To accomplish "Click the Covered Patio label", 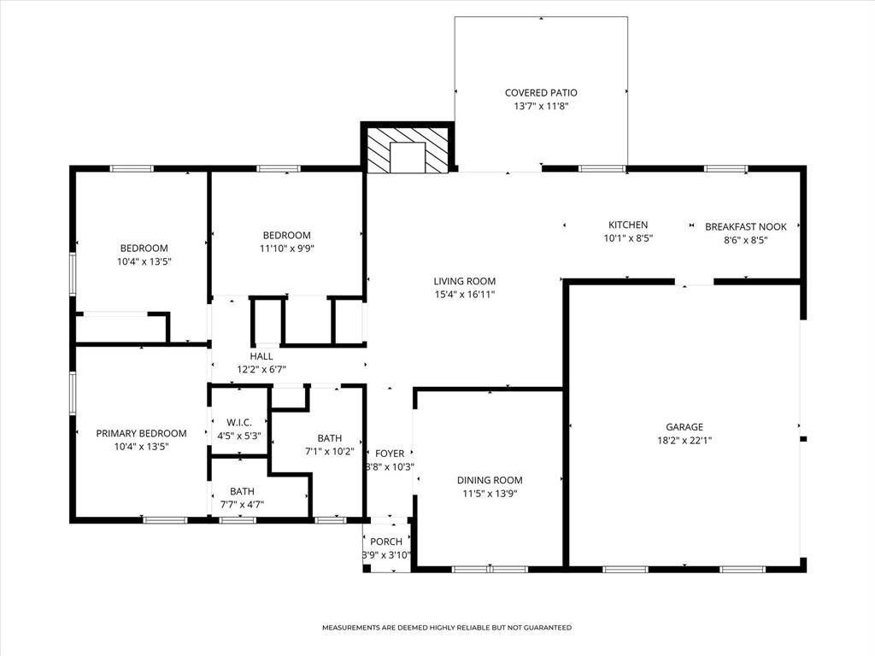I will tap(540, 92).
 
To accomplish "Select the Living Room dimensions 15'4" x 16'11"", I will tap(464, 295).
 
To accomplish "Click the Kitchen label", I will tap(628, 225).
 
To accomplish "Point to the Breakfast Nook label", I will tap(745, 226).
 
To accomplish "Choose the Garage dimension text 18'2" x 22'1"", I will tap(684, 441).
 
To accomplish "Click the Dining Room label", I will tap(490, 480).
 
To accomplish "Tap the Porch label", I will tap(386, 542).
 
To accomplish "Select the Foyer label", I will tap(390, 454).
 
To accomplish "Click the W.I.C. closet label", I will tap(238, 422).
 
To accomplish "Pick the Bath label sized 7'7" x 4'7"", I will tap(242, 491).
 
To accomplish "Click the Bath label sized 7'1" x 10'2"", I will tap(329, 437).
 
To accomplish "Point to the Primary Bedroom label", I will tap(141, 433).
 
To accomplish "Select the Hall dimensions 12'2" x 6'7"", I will tap(261, 370).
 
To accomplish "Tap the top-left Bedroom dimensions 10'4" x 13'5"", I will tap(144, 261).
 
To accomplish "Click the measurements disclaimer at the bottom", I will tap(446, 628).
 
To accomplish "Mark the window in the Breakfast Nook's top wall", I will tap(726, 169).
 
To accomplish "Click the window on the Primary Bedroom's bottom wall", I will tap(164, 519).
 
